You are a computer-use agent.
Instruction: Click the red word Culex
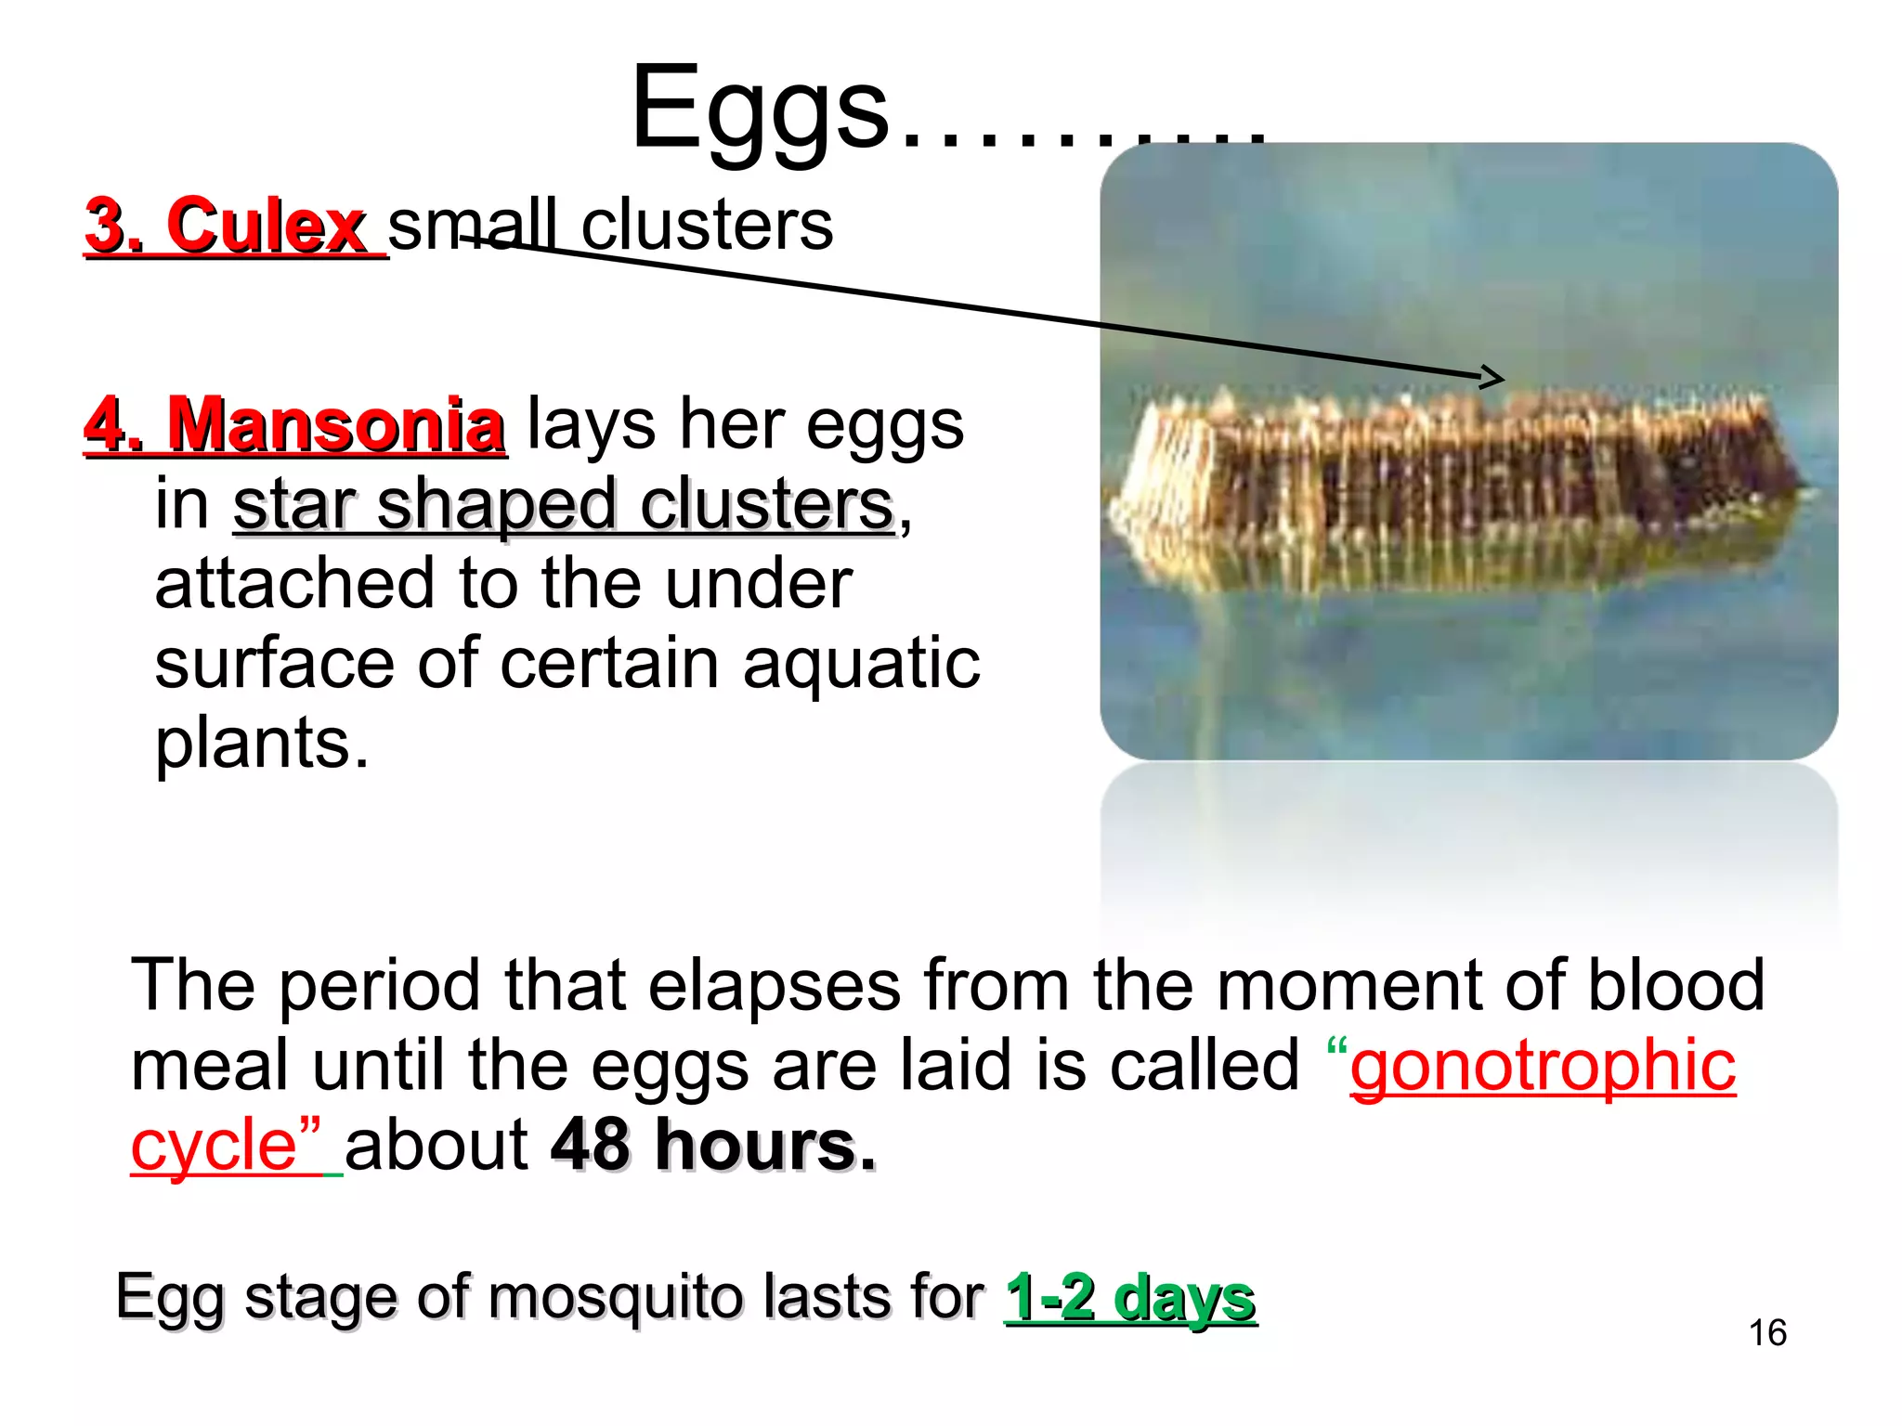point(266,226)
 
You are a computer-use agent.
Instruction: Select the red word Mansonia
point(334,425)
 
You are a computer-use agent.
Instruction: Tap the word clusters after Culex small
point(707,226)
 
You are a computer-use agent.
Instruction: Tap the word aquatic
point(861,663)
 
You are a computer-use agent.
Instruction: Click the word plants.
point(261,745)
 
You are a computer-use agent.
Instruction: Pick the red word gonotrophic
point(1542,1065)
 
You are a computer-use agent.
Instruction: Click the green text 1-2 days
point(1129,1297)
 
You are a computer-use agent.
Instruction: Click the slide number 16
point(1766,1333)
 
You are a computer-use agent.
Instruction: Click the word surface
point(275,663)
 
